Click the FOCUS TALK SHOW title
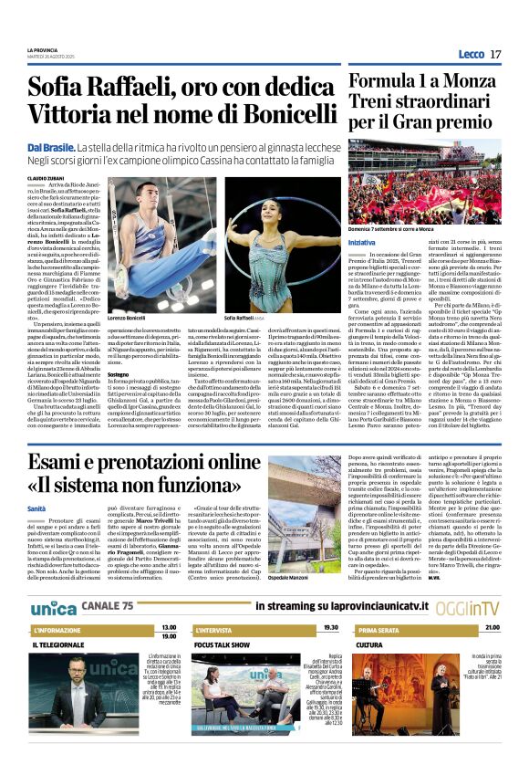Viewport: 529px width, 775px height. coord(222,645)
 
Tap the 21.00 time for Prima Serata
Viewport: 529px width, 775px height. coord(493,629)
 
